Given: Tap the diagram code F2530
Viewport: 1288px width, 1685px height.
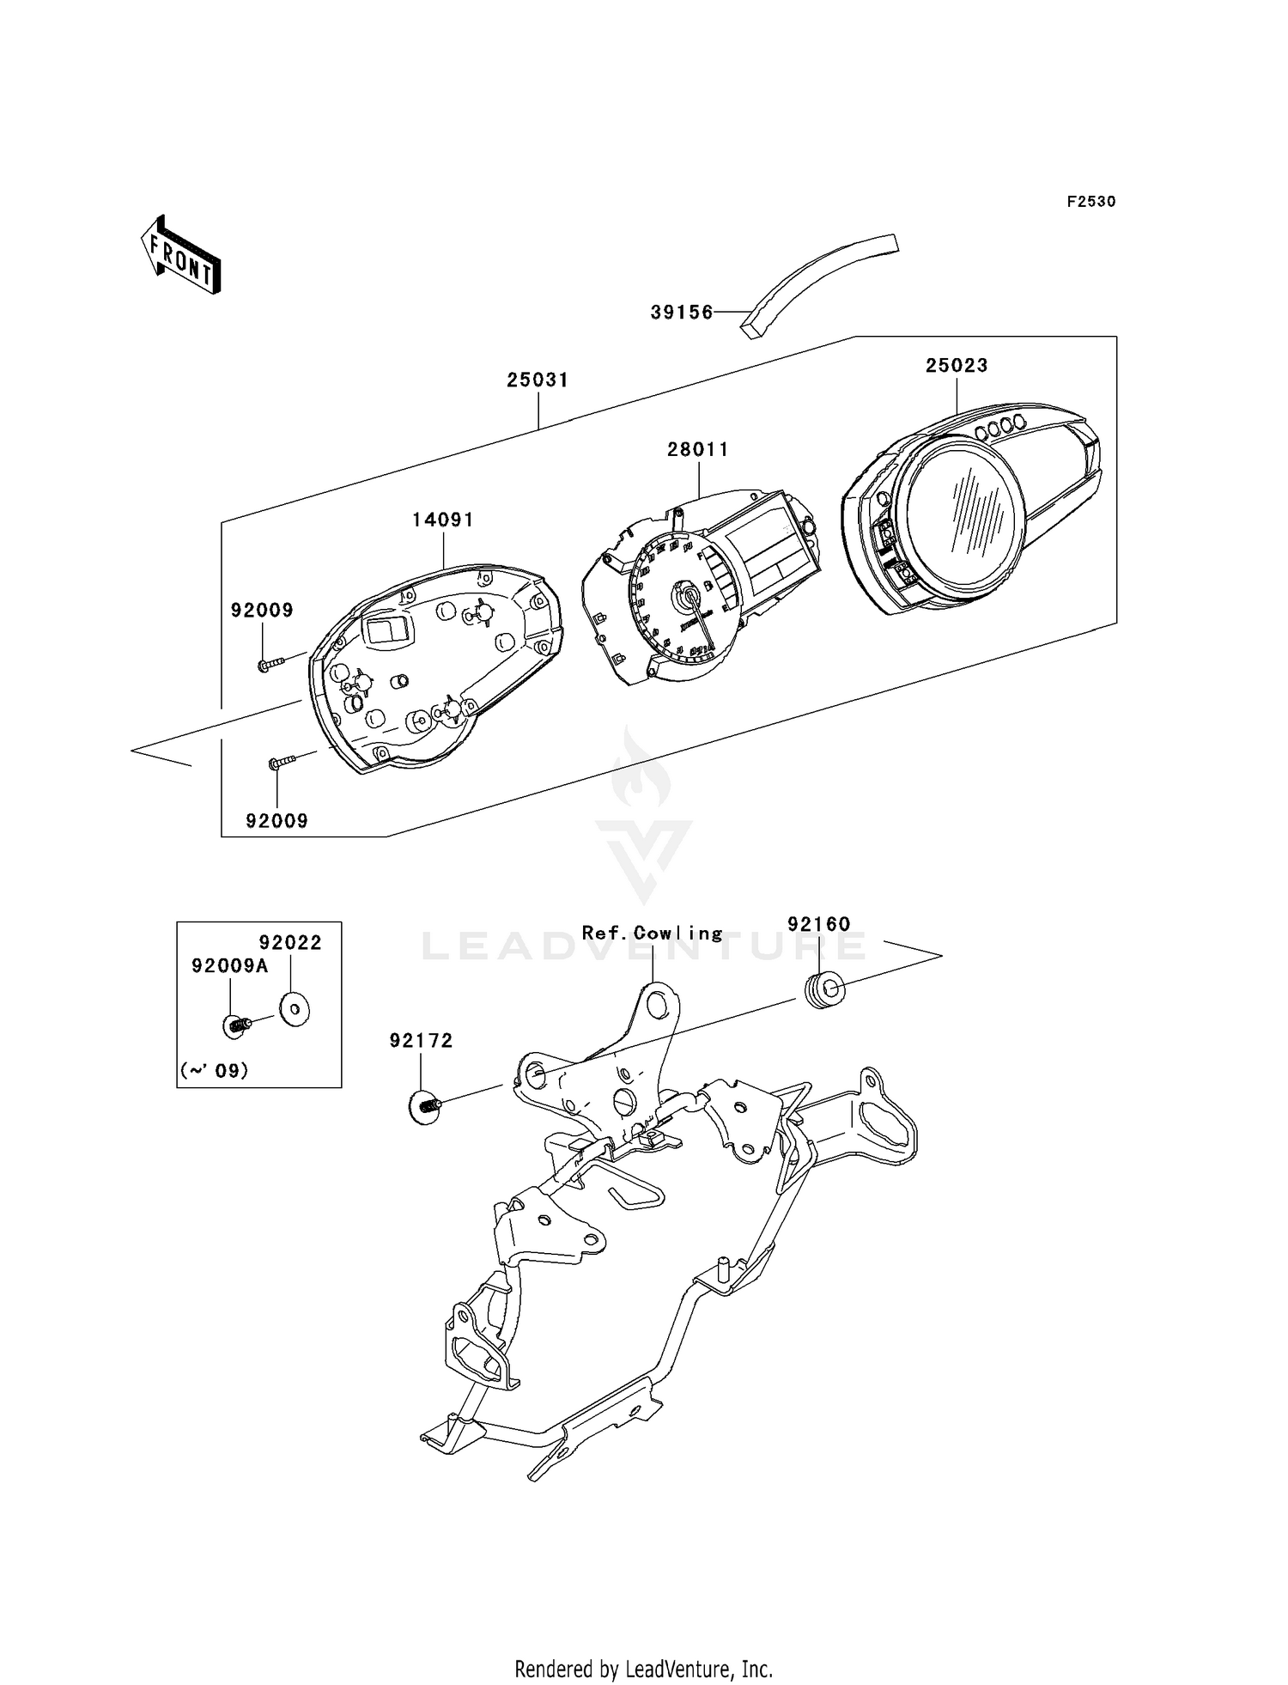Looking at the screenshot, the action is tap(1091, 202).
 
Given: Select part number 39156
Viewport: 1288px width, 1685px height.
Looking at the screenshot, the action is tap(682, 313).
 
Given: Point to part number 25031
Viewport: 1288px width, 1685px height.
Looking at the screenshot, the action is tap(538, 380).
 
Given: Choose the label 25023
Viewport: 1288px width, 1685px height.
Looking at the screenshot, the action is tap(957, 365).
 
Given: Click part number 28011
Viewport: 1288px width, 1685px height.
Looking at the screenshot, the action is tap(699, 449).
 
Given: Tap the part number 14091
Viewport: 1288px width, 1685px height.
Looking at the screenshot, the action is tap(443, 520).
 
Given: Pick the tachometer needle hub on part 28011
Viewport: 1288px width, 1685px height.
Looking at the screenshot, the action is tap(689, 594).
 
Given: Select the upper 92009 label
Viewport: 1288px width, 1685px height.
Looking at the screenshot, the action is tap(262, 610).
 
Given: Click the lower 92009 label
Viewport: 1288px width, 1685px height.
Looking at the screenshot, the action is tap(276, 820).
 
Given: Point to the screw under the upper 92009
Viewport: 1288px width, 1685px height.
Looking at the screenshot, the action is tap(270, 663).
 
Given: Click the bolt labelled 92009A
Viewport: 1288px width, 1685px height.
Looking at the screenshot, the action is tap(236, 1025).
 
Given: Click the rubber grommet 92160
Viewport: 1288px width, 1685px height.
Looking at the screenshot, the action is tap(826, 990).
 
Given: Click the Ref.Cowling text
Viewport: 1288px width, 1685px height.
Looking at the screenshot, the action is tap(653, 933).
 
